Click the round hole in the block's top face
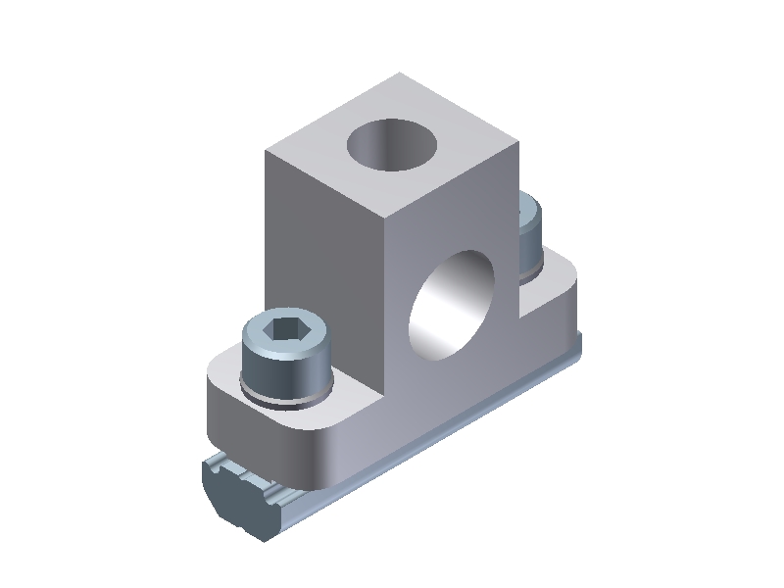(392, 143)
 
